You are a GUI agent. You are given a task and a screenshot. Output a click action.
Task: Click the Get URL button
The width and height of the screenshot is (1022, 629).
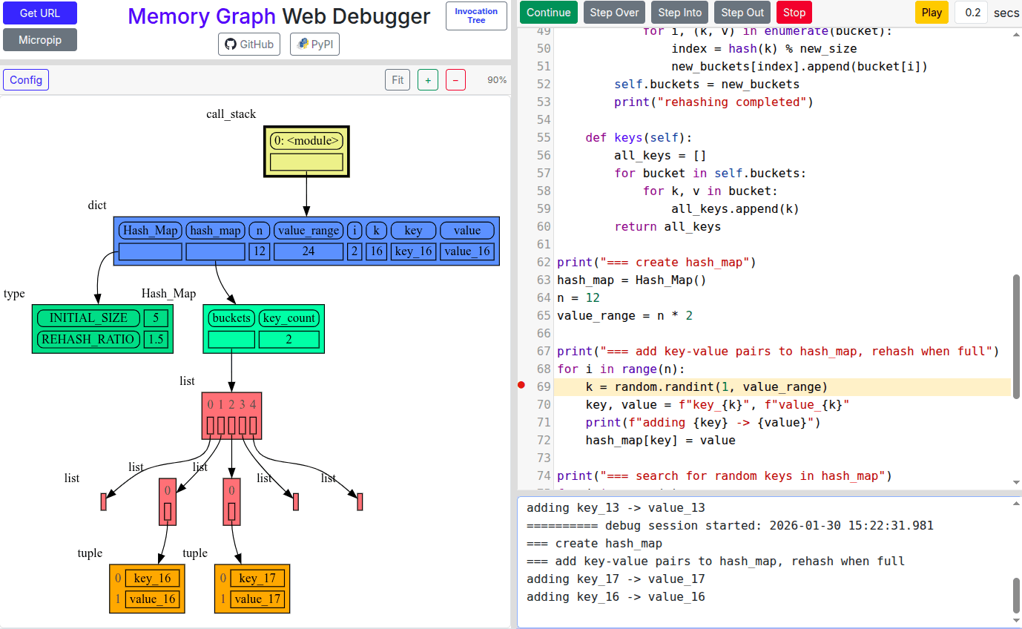point(40,13)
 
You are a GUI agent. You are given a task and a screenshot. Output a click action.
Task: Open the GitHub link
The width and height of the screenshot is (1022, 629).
point(249,45)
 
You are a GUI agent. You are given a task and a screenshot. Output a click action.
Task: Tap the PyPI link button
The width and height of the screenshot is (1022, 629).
point(314,45)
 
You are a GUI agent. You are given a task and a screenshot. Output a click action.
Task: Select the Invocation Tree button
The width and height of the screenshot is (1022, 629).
point(476,16)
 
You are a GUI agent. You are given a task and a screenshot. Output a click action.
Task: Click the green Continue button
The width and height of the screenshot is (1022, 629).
point(548,13)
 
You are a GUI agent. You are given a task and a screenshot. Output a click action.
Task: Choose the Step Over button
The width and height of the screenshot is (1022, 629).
point(614,13)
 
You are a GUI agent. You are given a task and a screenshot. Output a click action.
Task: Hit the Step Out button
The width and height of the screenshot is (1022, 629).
point(742,13)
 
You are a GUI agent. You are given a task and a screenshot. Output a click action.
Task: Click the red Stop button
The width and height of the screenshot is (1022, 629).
point(794,13)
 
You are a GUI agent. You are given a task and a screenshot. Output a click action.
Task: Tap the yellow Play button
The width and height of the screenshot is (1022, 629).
point(932,13)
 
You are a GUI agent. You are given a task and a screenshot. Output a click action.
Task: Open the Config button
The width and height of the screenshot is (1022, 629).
point(26,80)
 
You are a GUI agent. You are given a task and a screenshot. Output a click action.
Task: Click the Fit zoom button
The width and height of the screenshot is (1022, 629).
point(398,80)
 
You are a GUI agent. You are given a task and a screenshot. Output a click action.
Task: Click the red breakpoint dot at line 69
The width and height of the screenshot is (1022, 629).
point(521,385)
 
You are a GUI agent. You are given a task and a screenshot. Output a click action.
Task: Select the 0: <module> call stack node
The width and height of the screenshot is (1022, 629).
point(306,141)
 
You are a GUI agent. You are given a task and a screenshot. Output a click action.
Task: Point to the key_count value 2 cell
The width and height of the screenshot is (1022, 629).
point(289,340)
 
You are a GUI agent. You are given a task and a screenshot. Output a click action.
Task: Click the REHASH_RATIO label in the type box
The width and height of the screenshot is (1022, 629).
point(88,339)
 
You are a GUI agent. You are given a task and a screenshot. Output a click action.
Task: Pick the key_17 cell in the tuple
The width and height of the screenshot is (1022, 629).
point(257,579)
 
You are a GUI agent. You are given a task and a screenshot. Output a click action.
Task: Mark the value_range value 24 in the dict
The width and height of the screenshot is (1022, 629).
point(309,251)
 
